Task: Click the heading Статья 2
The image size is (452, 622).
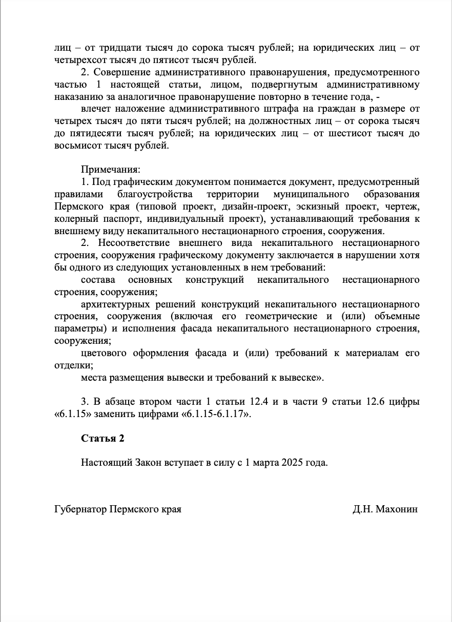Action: tap(102, 439)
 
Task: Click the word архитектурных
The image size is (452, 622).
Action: tap(111, 304)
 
